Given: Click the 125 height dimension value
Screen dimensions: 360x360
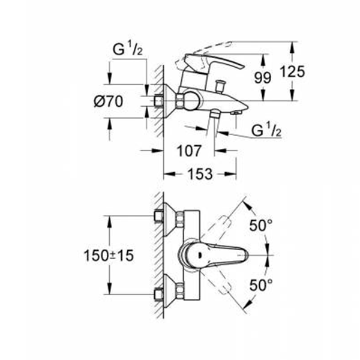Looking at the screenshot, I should (x=293, y=71).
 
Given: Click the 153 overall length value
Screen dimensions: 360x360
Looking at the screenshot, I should (x=201, y=174).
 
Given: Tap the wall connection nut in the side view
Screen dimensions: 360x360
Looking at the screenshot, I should (x=160, y=102).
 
